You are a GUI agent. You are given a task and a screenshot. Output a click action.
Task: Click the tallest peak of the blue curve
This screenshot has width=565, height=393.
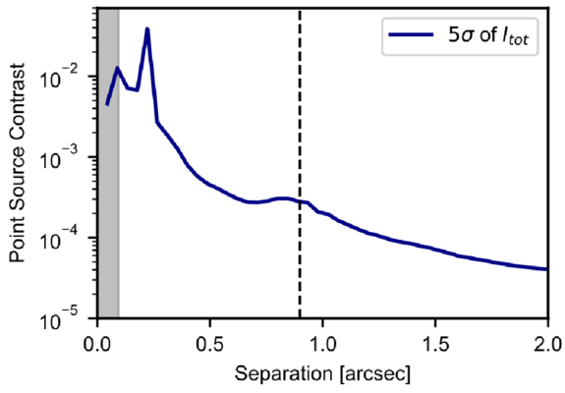pyautogui.click(x=147, y=29)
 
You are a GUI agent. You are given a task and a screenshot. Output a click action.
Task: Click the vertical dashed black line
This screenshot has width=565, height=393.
pyautogui.click(x=299, y=196)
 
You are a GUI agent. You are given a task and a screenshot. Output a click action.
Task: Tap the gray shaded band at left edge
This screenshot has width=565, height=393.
pyautogui.click(x=107, y=196)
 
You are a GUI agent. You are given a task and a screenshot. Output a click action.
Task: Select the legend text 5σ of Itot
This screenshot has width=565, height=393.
pyautogui.click(x=480, y=38)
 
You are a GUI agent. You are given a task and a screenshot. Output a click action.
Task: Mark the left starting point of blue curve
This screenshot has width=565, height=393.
pyautogui.click(x=107, y=103)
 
